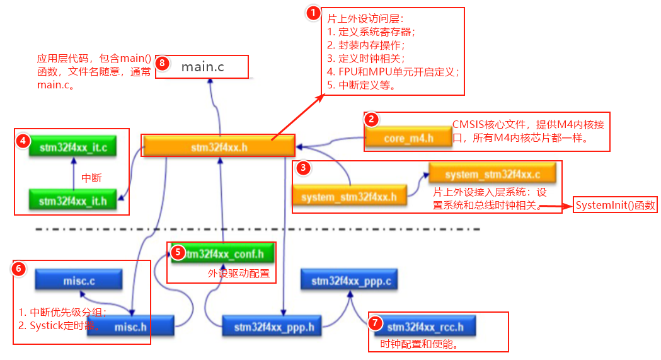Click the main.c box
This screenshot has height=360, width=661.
[x=202, y=66]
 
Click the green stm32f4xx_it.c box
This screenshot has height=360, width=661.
[x=72, y=148]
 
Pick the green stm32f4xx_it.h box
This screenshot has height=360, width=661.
[x=72, y=201]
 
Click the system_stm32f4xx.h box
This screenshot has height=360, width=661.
[x=348, y=197]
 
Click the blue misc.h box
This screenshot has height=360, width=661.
[x=130, y=327]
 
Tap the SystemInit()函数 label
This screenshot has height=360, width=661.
[x=615, y=206]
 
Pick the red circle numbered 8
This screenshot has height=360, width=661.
[x=163, y=63]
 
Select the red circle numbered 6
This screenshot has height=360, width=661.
[x=20, y=268]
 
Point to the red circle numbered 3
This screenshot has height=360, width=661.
[x=304, y=168]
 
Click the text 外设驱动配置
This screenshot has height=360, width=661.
[x=238, y=274]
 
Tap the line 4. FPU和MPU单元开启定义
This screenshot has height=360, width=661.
[x=393, y=72]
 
